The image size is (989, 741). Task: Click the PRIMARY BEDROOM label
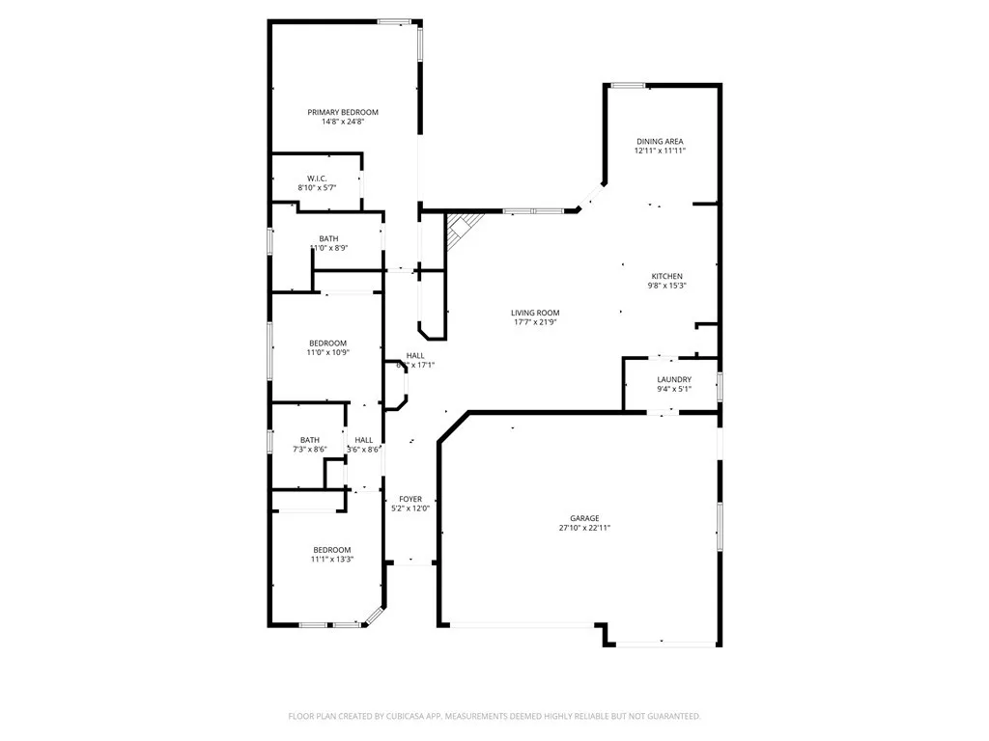click(x=343, y=112)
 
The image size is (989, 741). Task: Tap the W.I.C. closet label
click(x=317, y=178)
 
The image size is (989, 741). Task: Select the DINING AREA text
click(x=660, y=142)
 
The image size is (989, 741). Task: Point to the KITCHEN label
click(x=666, y=276)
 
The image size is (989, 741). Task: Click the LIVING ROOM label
click(x=535, y=313)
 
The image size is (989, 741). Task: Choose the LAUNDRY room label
click(x=673, y=380)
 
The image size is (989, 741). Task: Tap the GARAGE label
click(x=584, y=518)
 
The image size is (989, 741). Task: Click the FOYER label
click(x=410, y=499)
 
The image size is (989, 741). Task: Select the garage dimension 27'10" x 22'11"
click(x=584, y=529)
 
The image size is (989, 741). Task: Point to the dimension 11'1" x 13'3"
click(x=331, y=560)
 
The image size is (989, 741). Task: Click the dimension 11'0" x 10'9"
click(x=328, y=353)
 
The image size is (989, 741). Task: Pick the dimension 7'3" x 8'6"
click(x=309, y=450)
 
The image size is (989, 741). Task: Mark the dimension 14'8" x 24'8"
click(x=343, y=123)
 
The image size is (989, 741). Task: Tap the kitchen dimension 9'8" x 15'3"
click(x=666, y=286)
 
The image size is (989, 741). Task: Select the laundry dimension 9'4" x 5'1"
click(x=673, y=390)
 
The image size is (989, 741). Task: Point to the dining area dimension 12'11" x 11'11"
click(x=660, y=151)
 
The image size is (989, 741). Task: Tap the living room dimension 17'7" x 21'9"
click(x=535, y=322)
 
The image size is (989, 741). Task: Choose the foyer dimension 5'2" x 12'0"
click(x=410, y=508)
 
